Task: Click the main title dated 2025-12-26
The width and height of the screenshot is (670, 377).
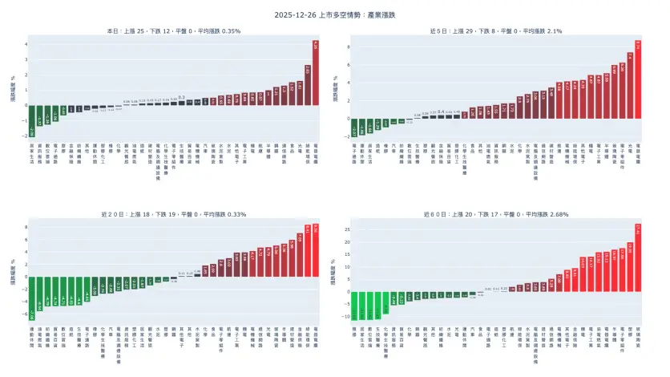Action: point(335,14)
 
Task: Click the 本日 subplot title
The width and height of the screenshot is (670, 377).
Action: point(174,30)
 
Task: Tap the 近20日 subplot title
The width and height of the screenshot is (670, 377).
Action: point(174,215)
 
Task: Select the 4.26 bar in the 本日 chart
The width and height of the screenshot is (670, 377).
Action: point(316,72)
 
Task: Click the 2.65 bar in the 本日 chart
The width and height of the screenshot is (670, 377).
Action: point(308,85)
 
